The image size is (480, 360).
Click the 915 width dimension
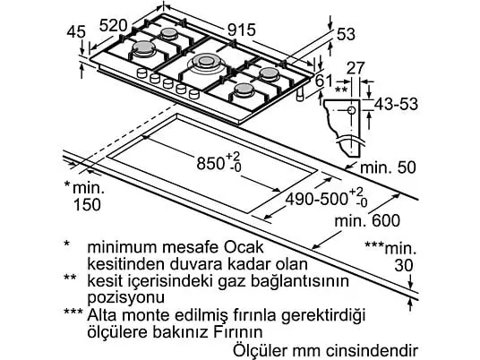click(242, 30)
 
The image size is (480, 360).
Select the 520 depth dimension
click(113, 25)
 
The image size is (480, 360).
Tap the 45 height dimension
click(76, 31)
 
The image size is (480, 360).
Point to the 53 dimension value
click(346, 34)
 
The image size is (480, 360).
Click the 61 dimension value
click(324, 81)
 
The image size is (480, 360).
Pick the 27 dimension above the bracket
click(356, 68)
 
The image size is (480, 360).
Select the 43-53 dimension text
click(396, 104)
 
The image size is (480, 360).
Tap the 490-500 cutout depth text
click(316, 200)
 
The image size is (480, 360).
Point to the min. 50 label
click(388, 167)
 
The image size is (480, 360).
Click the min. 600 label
click(367, 220)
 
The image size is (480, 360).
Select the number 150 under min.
click(87, 204)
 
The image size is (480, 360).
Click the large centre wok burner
click(206, 62)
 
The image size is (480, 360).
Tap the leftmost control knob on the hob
click(141, 73)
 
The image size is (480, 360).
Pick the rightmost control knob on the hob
click(194, 93)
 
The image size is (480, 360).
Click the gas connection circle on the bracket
click(351, 110)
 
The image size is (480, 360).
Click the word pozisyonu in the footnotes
click(126, 297)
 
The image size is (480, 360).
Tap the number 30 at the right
click(404, 265)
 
